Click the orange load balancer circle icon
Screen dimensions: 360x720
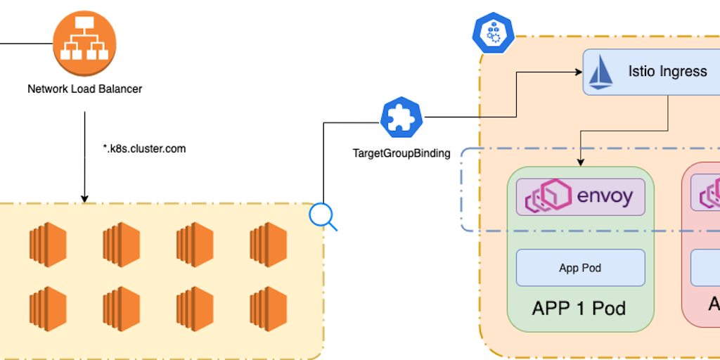coord(84,44)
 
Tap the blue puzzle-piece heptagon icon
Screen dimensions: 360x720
coord(401,117)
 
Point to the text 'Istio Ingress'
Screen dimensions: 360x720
coord(667,72)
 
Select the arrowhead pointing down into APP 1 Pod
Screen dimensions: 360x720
coord(581,162)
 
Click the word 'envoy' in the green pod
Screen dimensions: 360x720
coord(605,196)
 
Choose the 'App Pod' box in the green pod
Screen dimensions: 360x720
coord(580,268)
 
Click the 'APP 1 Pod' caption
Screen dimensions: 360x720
coord(579,309)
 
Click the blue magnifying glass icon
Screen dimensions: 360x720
coord(322,217)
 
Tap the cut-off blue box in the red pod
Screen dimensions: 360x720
coord(705,268)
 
